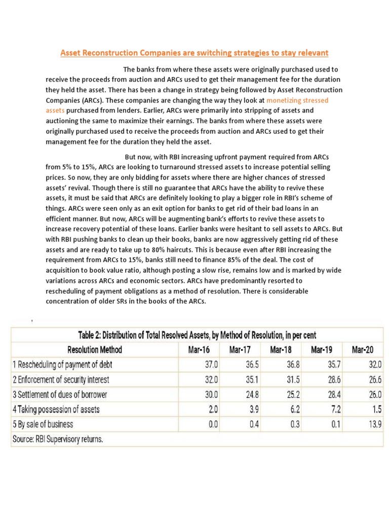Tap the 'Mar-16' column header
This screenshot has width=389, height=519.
point(200,350)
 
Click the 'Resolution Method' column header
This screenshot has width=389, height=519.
point(95,350)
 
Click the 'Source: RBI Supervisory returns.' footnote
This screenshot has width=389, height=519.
point(58,439)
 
